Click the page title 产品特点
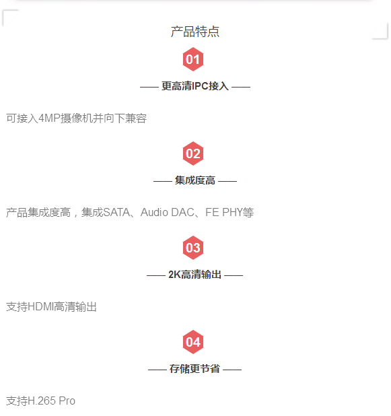pyautogui.click(x=195, y=32)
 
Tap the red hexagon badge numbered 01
pyautogui.click(x=193, y=59)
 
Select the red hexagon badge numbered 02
pyautogui.click(x=193, y=153)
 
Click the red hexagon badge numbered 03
pyautogui.click(x=193, y=248)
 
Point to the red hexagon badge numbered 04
pyautogui.click(x=193, y=342)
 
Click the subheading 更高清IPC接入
pyautogui.click(x=195, y=86)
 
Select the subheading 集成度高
pyautogui.click(x=195, y=180)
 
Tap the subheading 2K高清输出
pyautogui.click(x=194, y=275)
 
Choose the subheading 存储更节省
pyautogui.click(x=194, y=368)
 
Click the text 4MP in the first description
pyautogui.click(x=49, y=118)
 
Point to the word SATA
pyautogui.click(x=116, y=212)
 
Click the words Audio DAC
pyautogui.click(x=168, y=212)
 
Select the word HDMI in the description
pyautogui.click(x=40, y=306)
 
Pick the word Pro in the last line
pyautogui.click(x=67, y=401)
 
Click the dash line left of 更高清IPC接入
pyautogui.click(x=149, y=87)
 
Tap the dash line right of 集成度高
pyautogui.click(x=227, y=181)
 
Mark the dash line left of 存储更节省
pyautogui.click(x=157, y=370)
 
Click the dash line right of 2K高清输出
pyautogui.click(x=234, y=275)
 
